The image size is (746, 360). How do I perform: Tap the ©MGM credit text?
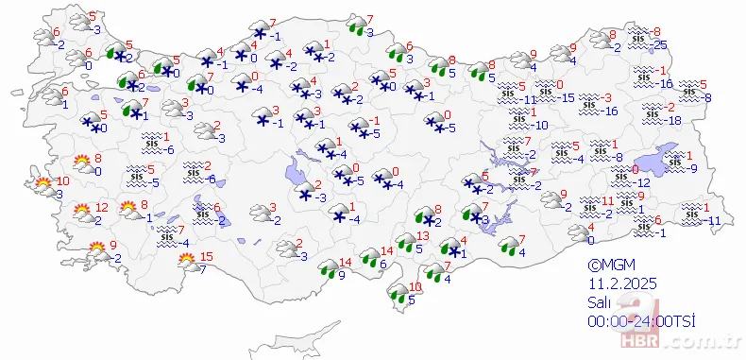605,266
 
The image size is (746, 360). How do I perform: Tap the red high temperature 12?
102,208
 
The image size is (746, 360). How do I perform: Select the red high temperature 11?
608,201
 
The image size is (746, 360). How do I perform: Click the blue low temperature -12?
641,182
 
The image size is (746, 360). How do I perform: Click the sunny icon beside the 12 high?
81,214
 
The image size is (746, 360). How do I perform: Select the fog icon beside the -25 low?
639,39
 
